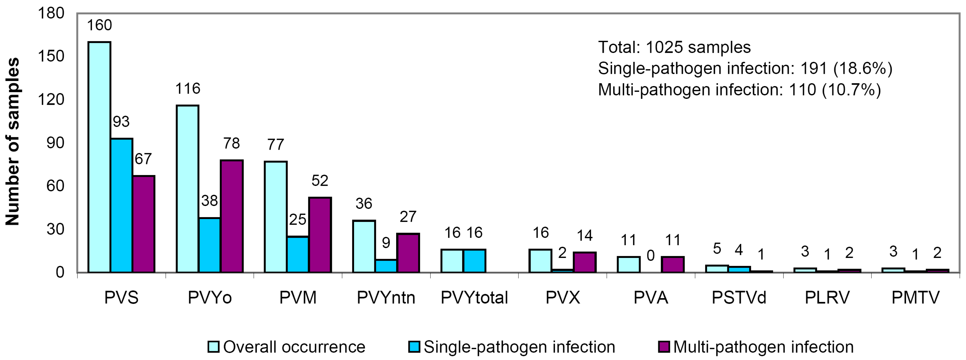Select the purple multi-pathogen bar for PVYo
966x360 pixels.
232,216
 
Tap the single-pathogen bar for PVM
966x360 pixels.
298,254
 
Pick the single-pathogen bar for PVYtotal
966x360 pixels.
474,261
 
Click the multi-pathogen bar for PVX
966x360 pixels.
585,262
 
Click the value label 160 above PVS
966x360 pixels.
99,25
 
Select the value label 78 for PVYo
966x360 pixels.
231,143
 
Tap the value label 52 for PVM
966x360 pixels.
320,181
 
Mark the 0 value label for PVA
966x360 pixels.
651,256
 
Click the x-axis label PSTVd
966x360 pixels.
739,298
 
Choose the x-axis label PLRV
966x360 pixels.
827,298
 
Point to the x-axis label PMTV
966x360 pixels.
915,298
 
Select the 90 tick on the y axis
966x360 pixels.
55,143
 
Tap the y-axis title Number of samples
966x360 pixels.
12,142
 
